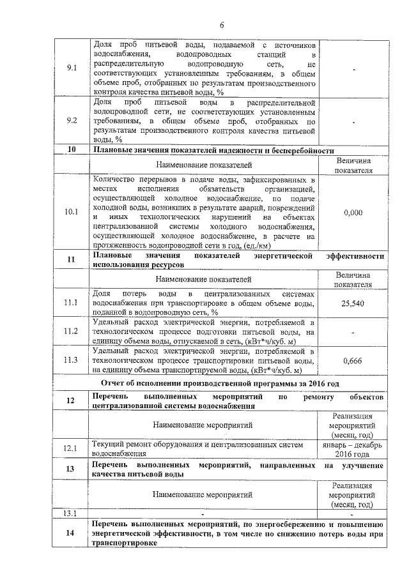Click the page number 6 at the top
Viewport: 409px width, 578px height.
coord(222,26)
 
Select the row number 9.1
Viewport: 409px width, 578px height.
coord(72,69)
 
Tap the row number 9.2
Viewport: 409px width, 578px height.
coord(72,120)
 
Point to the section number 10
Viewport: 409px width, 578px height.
coord(72,151)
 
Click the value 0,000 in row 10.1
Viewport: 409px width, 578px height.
coord(353,212)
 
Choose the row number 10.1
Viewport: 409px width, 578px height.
coord(72,212)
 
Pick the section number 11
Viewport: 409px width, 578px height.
coord(72,260)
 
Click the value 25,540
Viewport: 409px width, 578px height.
coord(353,303)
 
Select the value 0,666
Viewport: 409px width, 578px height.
coord(353,361)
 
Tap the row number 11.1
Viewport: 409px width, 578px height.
coord(72,303)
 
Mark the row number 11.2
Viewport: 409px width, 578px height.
coord(72,331)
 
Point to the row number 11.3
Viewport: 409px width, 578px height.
coord(72,361)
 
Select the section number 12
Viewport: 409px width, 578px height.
coord(72,400)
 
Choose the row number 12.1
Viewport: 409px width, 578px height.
coord(72,448)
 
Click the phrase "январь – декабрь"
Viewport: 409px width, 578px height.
coord(353,444)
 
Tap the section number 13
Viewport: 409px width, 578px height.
coord(72,469)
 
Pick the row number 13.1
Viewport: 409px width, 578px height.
coord(72,513)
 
